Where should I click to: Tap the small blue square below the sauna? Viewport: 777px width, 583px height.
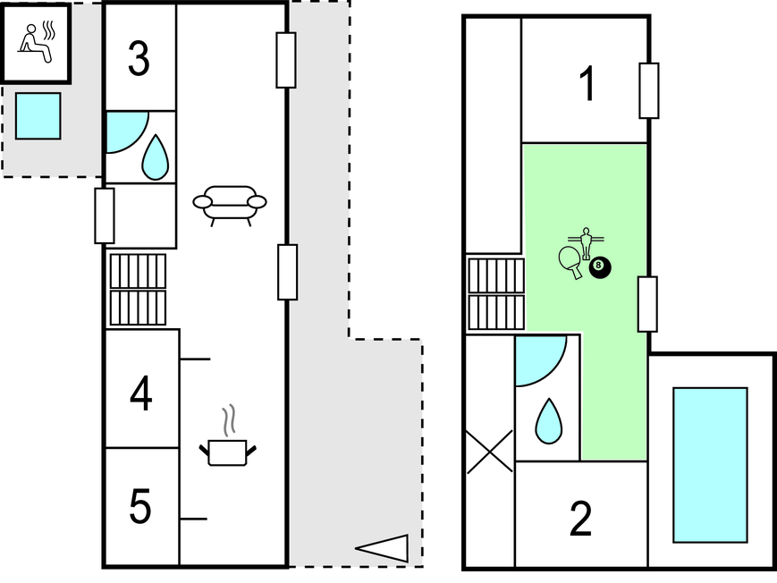[x=38, y=115]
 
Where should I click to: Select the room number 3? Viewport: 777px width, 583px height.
[x=139, y=60]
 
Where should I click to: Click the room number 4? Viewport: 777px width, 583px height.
[x=140, y=393]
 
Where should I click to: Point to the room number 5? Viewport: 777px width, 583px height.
[x=140, y=507]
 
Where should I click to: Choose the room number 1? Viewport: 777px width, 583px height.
[x=587, y=86]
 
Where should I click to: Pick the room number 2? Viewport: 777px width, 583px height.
[x=581, y=519]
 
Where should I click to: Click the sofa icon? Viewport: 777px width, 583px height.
[x=230, y=204]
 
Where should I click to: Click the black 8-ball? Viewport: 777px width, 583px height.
[x=599, y=266]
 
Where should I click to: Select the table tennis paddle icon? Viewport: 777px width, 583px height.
[x=570, y=261]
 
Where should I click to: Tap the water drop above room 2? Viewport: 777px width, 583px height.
[x=547, y=421]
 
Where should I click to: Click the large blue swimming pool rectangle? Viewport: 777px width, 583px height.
[x=709, y=464]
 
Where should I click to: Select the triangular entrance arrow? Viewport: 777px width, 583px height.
[x=383, y=548]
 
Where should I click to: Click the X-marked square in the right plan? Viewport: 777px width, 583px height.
[x=490, y=452]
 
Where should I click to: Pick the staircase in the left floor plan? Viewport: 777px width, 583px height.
[x=138, y=290]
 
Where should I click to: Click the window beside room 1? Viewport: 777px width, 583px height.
[x=649, y=90]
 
